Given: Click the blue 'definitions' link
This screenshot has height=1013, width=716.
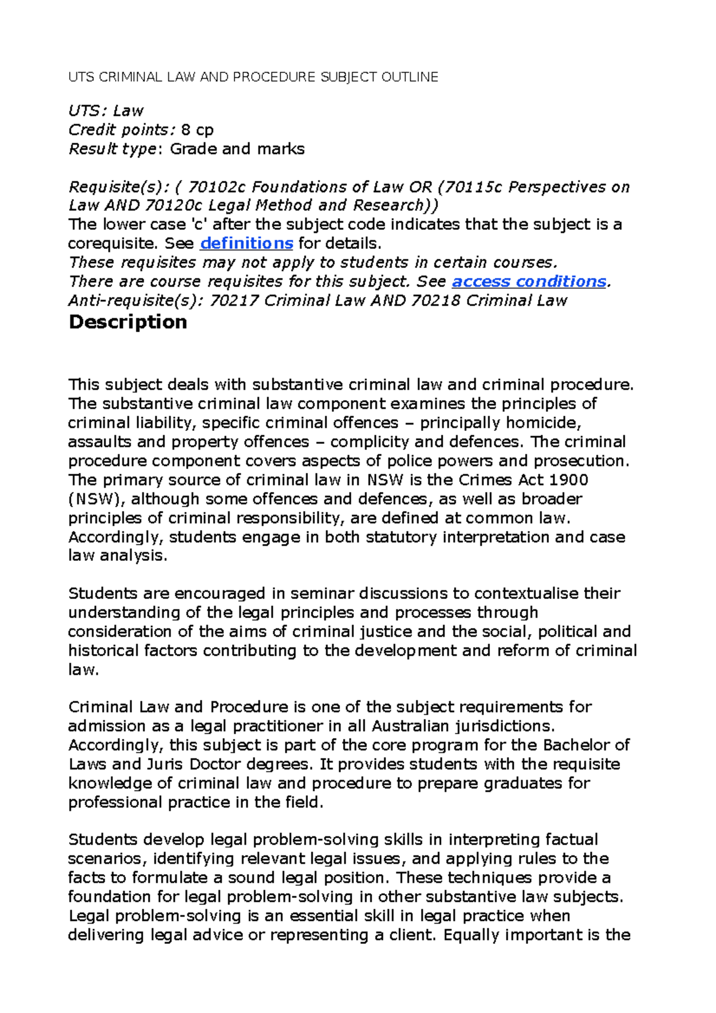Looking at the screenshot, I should pos(246,243).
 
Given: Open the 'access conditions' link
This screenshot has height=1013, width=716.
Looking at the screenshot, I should pos(529,282).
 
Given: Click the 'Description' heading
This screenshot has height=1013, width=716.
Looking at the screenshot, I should pos(128,322).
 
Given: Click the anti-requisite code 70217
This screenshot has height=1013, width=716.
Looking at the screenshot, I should pos(234,301).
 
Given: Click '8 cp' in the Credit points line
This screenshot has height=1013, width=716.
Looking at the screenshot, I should pos(197,130).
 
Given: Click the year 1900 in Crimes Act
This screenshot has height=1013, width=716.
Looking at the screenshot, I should pos(568,480).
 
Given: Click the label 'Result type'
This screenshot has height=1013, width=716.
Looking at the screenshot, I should pos(112,149).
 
